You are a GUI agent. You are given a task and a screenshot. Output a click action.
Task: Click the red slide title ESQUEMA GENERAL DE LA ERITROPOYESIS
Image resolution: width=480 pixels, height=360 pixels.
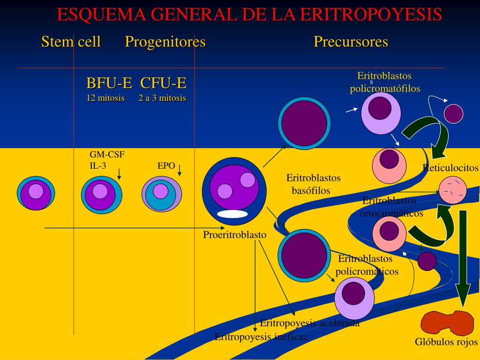[x=249, y=15]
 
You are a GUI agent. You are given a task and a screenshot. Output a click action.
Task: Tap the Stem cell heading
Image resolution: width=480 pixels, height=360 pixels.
[x=71, y=42]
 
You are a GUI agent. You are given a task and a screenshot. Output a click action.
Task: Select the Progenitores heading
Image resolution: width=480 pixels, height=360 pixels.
[x=165, y=42]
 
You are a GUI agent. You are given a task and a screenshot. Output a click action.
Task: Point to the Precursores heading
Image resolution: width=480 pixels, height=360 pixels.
[x=351, y=42]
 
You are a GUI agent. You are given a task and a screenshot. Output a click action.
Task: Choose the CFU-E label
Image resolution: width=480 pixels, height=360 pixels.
[x=163, y=83]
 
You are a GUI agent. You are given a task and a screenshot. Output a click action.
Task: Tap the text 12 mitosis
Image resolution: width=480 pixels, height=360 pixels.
[x=105, y=98]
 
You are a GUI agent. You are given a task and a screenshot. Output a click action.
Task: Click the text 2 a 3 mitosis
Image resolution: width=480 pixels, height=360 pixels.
[x=162, y=98]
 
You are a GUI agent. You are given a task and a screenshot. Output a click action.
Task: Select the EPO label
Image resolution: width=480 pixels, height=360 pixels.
[x=166, y=165]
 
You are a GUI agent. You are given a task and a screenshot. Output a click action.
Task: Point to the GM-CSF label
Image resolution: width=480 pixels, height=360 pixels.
[x=107, y=155]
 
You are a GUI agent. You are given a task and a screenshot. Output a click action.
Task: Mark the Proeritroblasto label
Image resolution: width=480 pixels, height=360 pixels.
[x=234, y=235]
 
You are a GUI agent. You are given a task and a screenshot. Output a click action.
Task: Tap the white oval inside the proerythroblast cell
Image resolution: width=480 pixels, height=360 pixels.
[x=232, y=214]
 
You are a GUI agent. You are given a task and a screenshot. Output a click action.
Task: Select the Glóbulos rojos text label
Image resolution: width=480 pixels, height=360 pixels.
[x=446, y=342]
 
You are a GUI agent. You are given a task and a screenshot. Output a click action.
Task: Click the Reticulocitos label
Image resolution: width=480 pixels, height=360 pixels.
[x=450, y=168]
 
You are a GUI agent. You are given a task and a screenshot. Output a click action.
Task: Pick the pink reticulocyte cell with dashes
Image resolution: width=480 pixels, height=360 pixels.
[x=453, y=190]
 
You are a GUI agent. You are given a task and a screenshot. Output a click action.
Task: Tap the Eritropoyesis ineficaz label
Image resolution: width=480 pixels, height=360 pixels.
[x=261, y=337]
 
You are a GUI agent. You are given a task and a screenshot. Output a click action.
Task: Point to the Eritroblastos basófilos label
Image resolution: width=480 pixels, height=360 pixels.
[x=313, y=184]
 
